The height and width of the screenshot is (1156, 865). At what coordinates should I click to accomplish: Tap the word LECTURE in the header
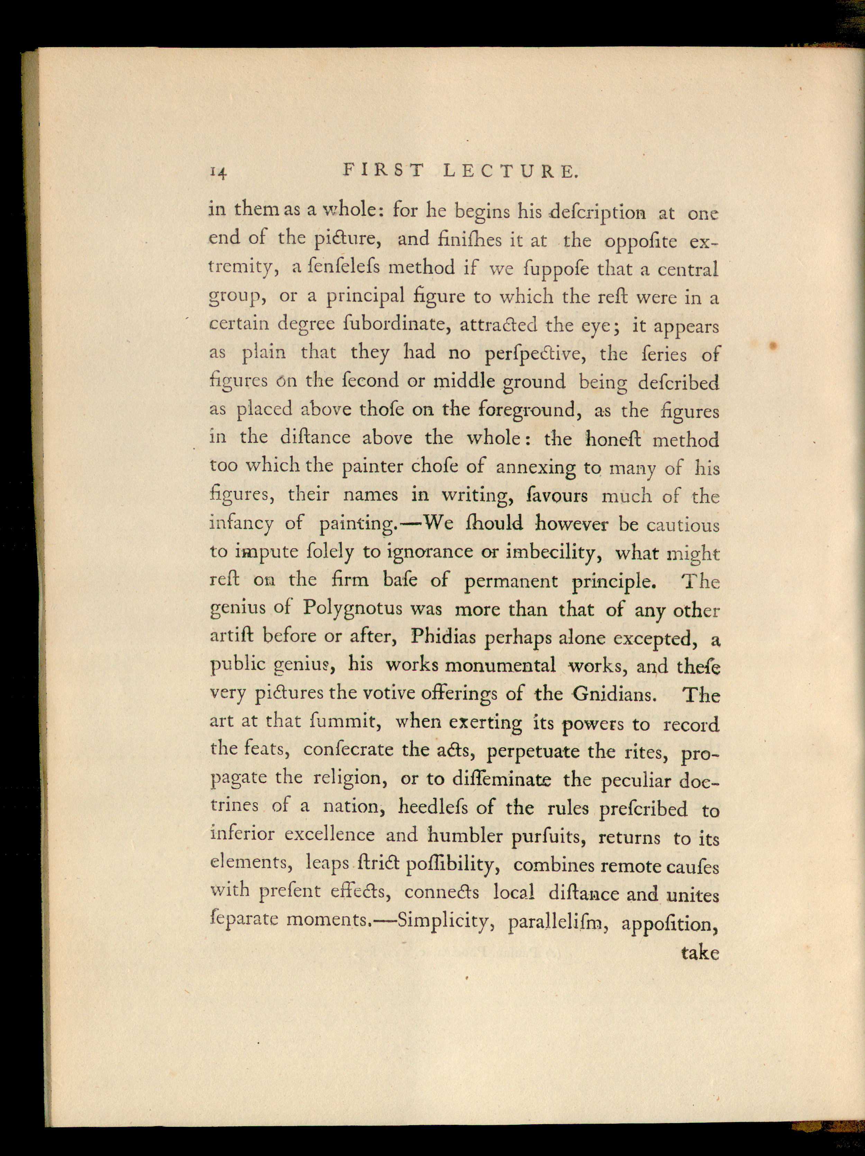pos(511,171)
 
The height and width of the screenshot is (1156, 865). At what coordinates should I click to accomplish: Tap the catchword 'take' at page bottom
pos(700,953)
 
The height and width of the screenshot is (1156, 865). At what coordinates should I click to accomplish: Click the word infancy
pos(241,524)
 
